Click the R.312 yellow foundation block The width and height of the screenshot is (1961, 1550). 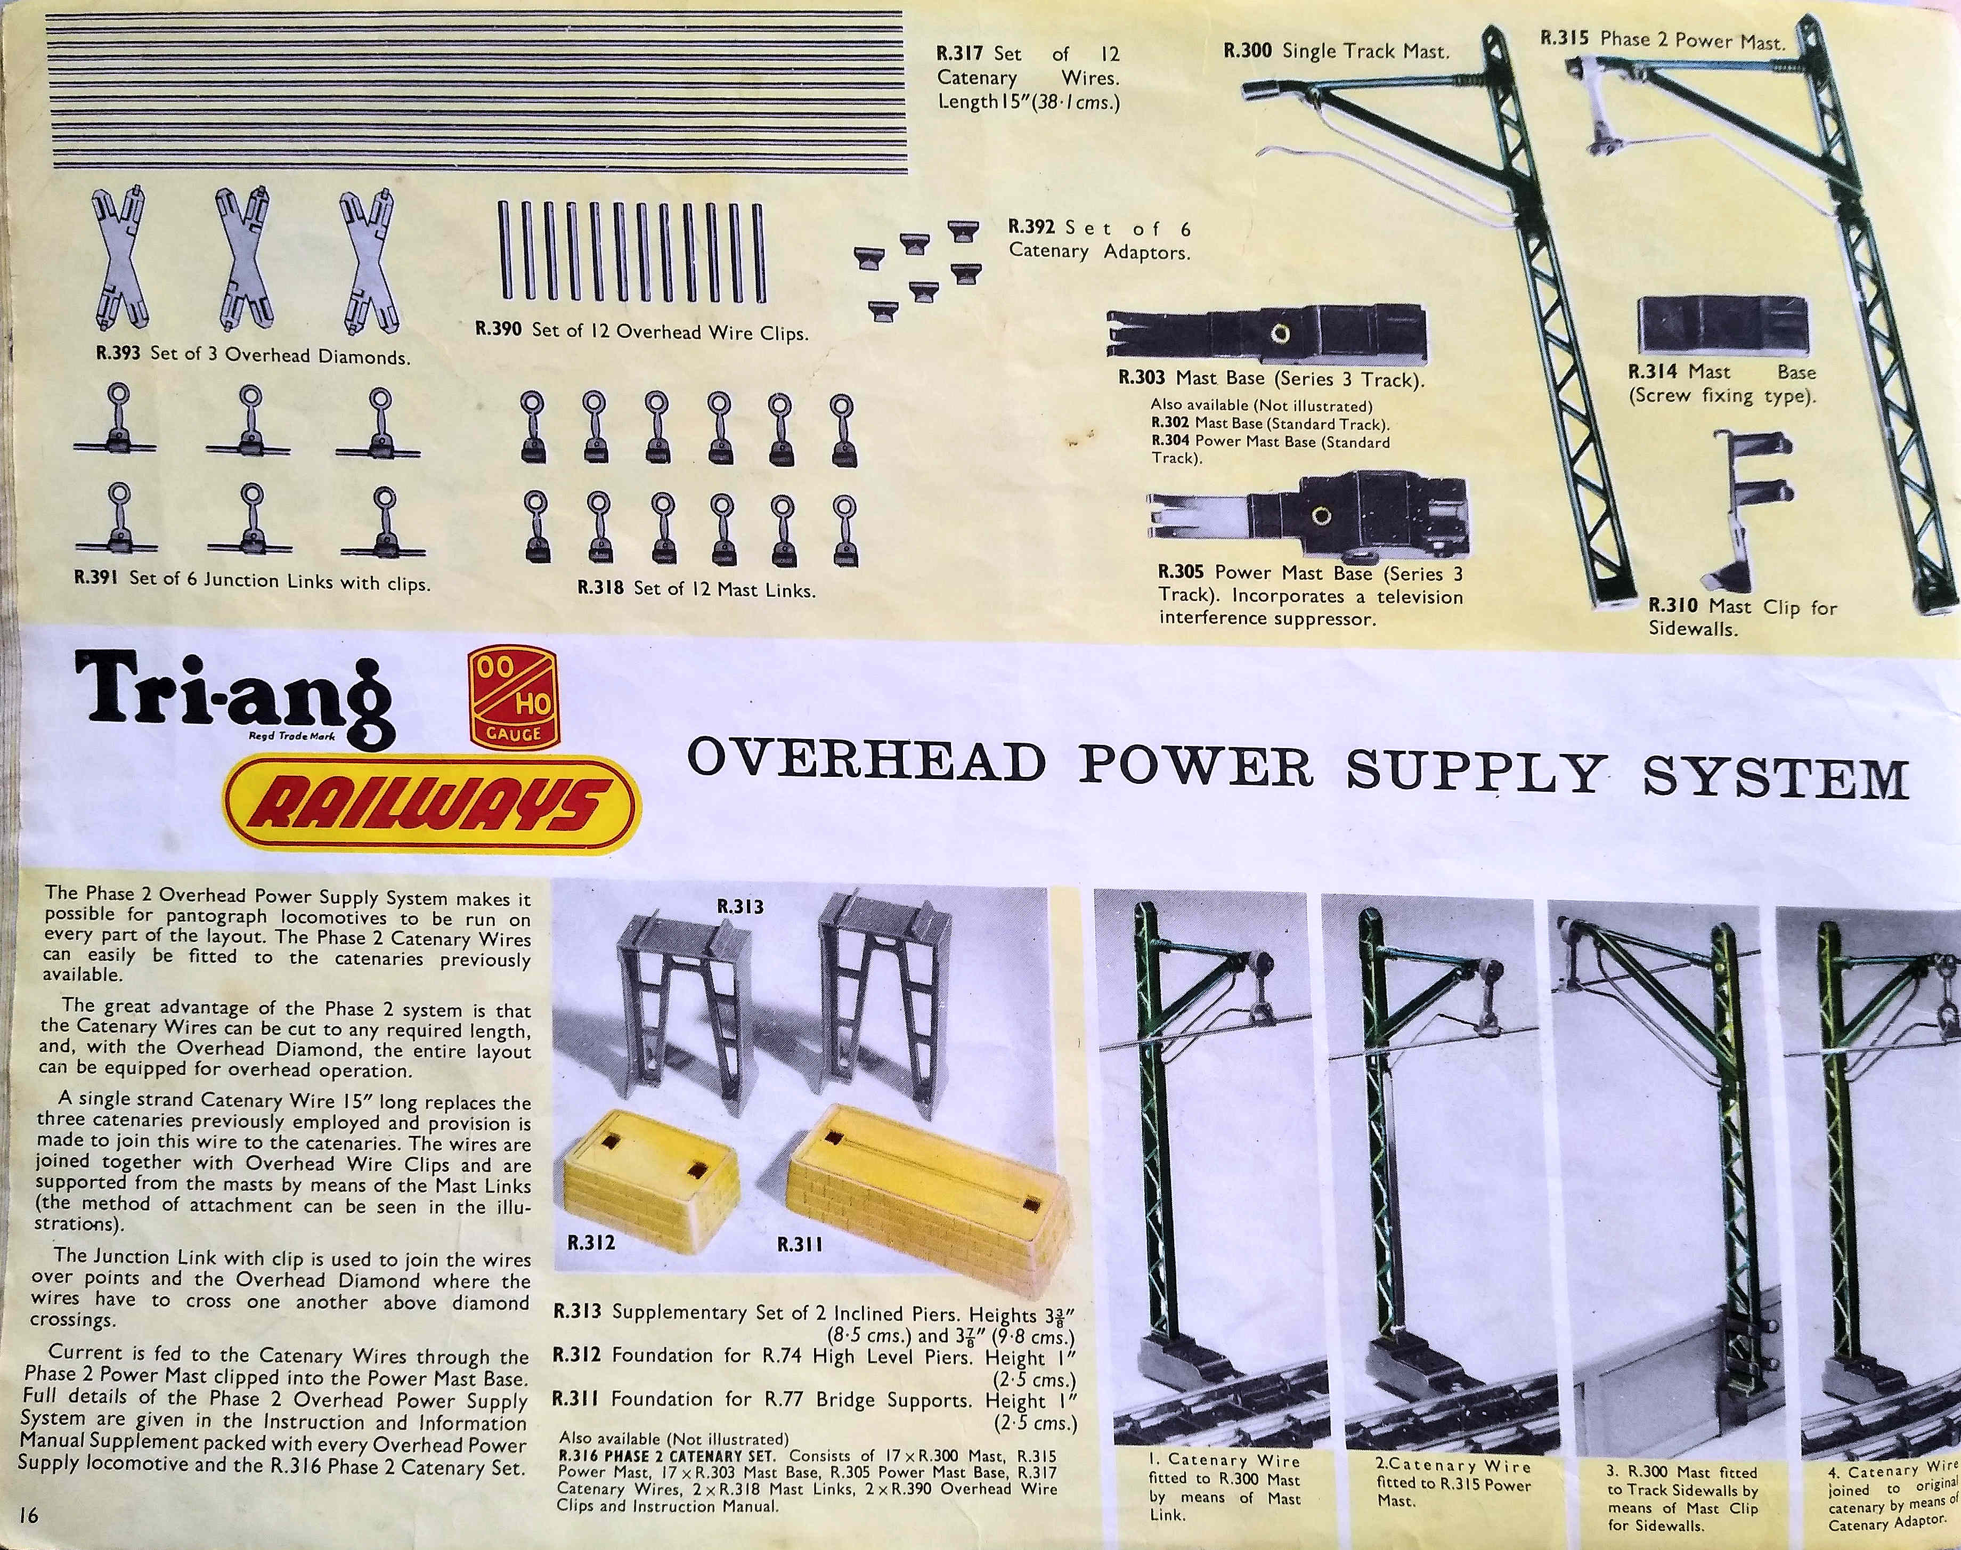(638, 1171)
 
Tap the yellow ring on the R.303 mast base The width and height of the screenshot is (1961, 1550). (1280, 333)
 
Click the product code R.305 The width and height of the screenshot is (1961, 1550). (1181, 573)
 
